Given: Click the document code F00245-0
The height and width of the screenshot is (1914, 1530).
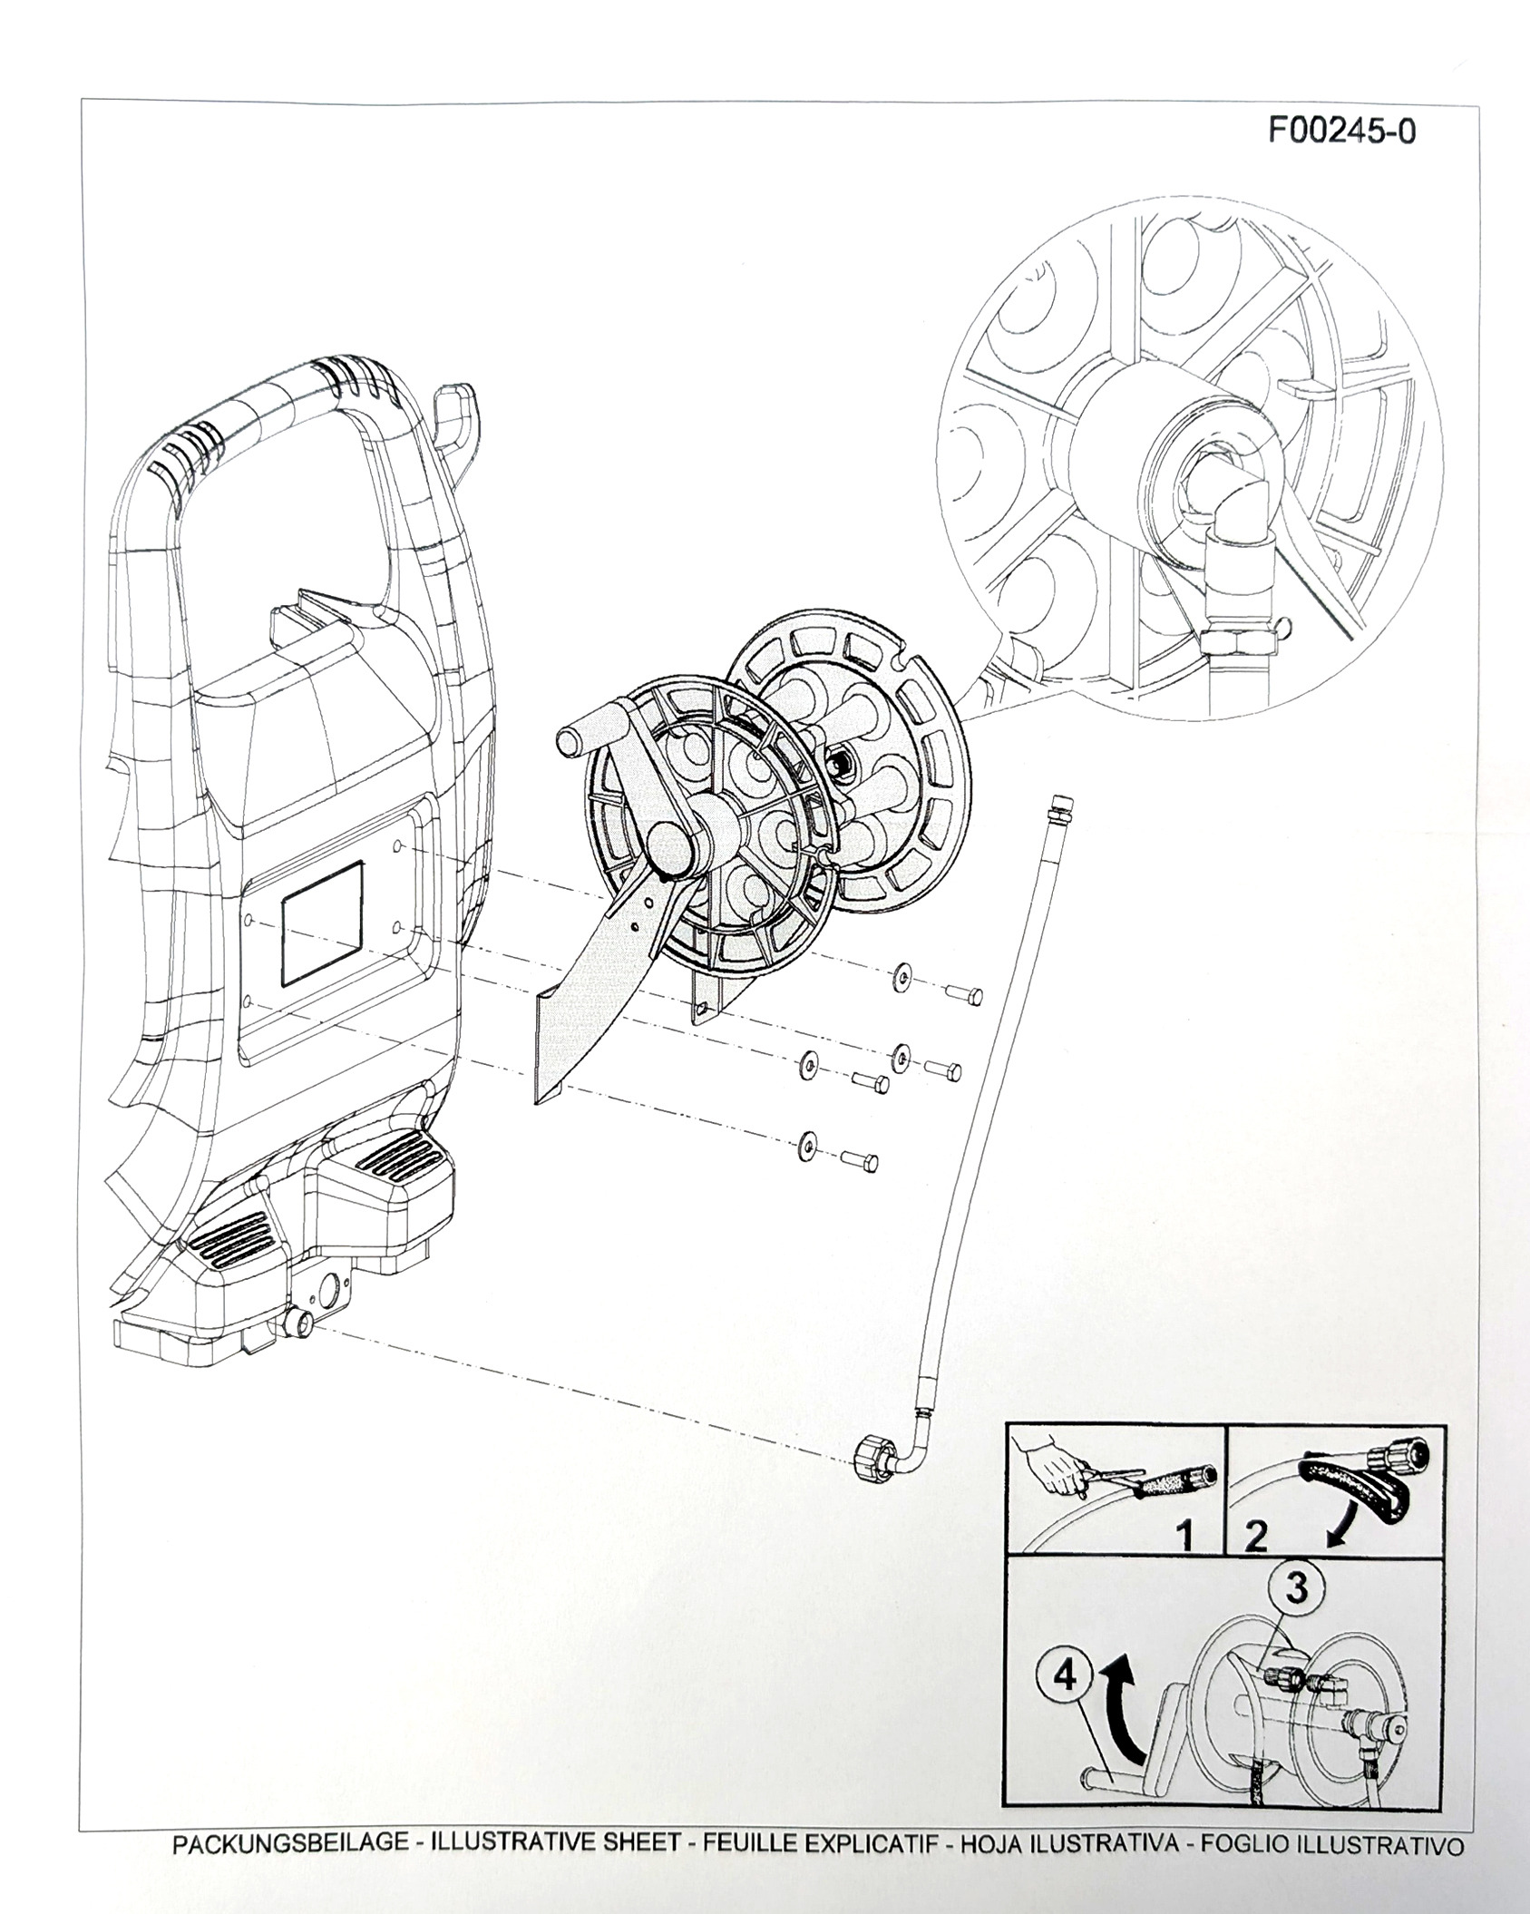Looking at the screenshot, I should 1341,132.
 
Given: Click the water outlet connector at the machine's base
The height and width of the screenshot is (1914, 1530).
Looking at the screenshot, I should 297,1325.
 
